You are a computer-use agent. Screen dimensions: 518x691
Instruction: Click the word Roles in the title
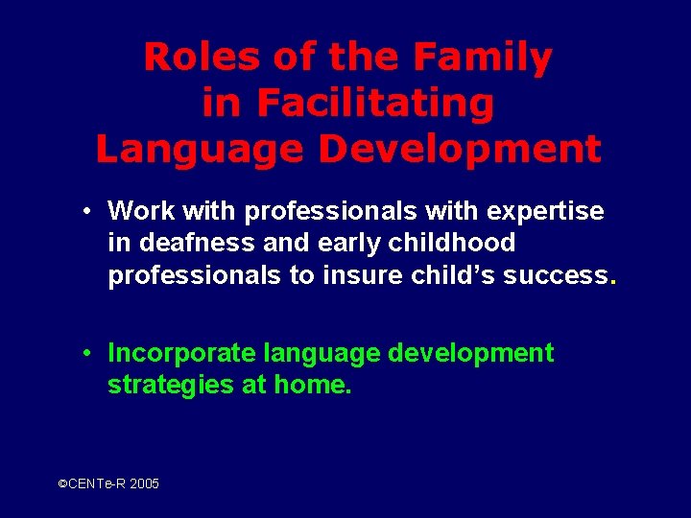199,58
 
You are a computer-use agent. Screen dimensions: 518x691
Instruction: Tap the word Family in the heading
484,58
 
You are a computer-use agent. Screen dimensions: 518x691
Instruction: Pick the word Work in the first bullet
140,210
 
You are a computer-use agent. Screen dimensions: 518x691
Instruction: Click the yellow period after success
612,282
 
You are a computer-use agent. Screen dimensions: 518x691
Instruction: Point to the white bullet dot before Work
86,210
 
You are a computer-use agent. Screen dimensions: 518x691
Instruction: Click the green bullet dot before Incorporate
86,353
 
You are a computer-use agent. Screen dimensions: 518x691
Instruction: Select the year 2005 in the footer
144,484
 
